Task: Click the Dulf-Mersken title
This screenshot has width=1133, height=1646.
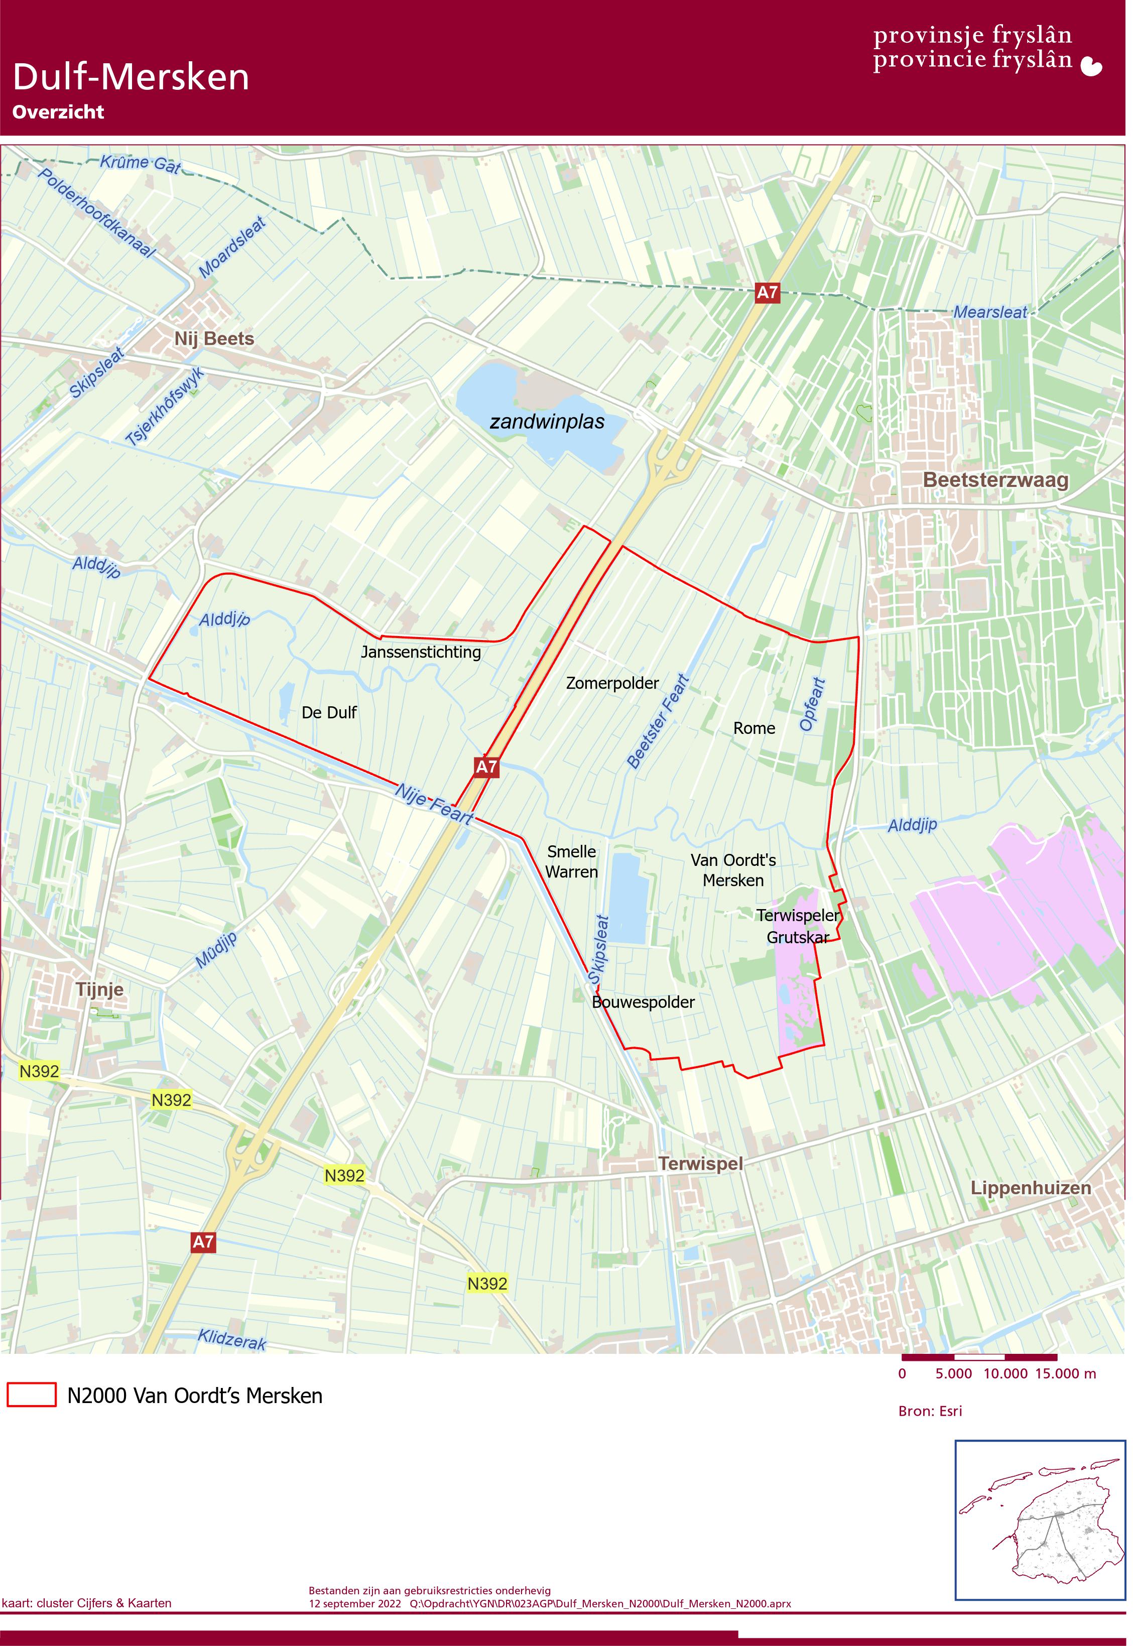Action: pyautogui.click(x=132, y=77)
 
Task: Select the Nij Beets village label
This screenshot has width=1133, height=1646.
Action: pyautogui.click(x=215, y=340)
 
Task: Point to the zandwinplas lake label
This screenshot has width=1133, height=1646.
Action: pyautogui.click(x=550, y=424)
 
